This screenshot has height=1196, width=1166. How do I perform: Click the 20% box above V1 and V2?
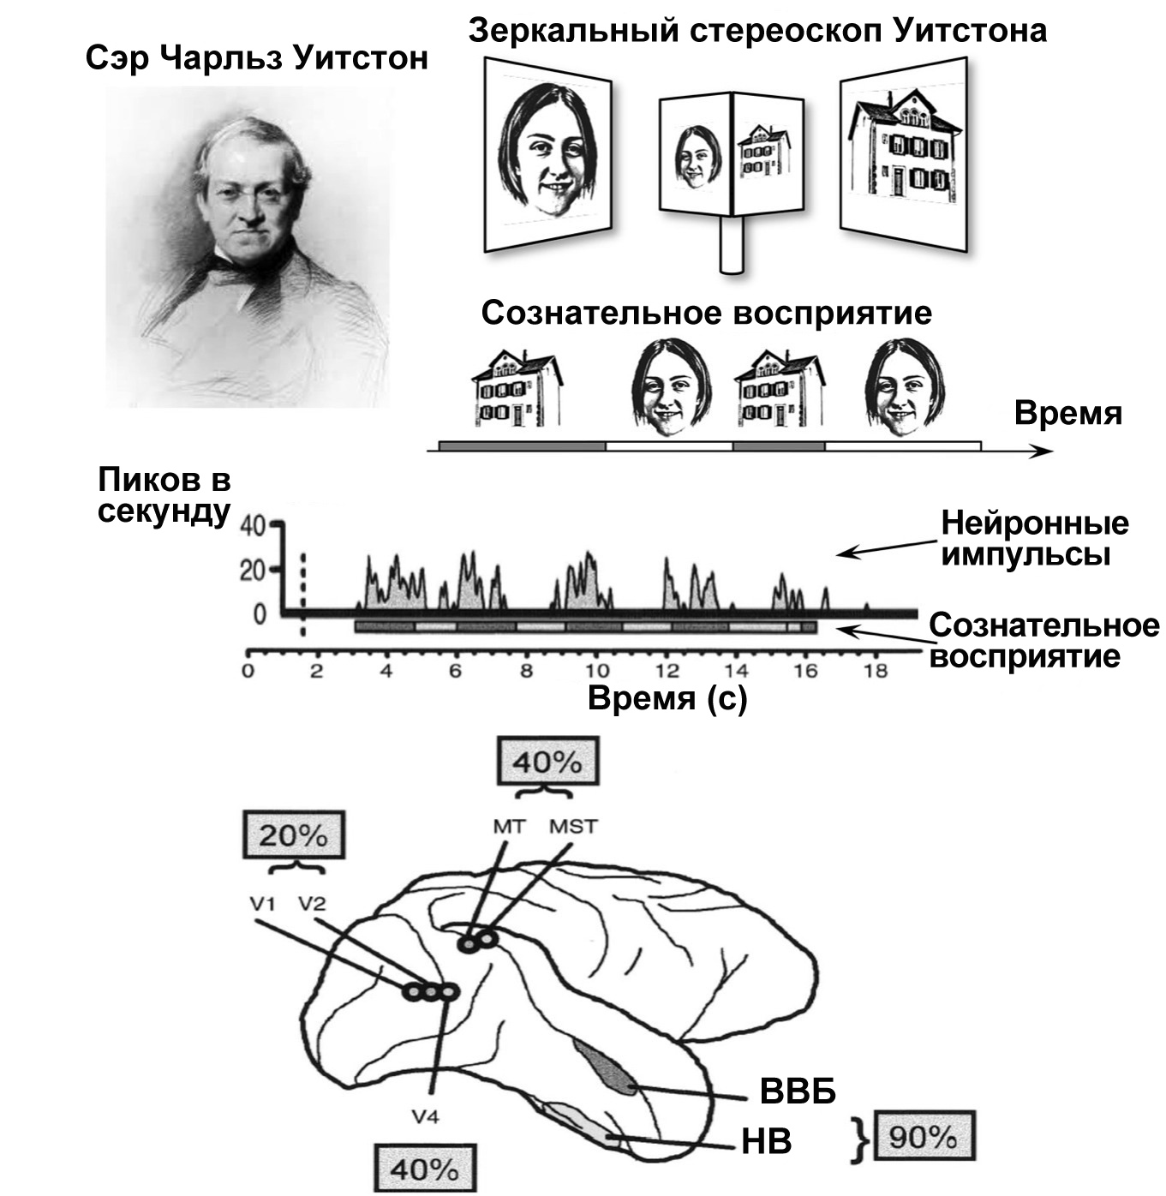pos(294,835)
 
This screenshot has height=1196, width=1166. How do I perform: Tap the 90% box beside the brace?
pos(924,1137)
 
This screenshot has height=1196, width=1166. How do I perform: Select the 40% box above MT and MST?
pos(547,761)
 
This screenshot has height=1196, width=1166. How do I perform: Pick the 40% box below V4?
pos(425,1169)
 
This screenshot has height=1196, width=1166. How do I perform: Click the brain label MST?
pos(573,827)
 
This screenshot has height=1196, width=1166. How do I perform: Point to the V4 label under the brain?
pos(426,1117)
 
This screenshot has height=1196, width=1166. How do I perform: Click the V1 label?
pos(261,902)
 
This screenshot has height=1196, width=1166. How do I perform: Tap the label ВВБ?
pos(797,1091)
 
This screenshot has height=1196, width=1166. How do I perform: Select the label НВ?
pos(767,1141)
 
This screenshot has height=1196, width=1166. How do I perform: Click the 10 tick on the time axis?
pos(597,671)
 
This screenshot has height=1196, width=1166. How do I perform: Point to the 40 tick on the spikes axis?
pos(254,525)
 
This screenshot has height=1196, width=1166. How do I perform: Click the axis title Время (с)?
pos(667,698)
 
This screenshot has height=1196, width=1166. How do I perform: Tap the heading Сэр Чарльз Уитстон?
pos(257,58)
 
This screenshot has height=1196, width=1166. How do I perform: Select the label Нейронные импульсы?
pos(1034,538)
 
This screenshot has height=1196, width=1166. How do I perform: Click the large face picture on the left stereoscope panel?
pos(546,154)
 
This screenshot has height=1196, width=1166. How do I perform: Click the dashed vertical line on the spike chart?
pos(302,591)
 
